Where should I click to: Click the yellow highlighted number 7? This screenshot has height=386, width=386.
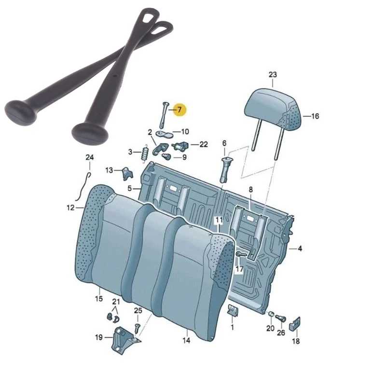point(179,110)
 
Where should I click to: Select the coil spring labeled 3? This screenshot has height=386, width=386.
point(145,153)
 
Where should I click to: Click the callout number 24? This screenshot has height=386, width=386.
point(90,157)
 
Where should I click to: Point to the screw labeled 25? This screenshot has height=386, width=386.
point(138,329)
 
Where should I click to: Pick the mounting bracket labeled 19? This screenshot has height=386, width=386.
point(124,340)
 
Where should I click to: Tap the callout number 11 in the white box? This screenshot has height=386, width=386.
point(219,220)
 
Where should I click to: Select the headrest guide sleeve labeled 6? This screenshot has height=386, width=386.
point(225,170)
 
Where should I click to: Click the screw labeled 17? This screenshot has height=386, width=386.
point(242,254)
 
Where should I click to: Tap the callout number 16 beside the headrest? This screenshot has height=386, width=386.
point(315,116)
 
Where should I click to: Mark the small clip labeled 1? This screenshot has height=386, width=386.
point(233,310)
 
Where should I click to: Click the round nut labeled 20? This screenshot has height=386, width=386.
point(271,314)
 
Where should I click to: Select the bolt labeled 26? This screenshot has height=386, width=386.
point(280,318)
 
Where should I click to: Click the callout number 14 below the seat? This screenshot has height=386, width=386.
point(186,341)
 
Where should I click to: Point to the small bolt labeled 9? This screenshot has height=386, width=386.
point(166,156)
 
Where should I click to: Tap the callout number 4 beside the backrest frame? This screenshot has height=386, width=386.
point(300,248)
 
